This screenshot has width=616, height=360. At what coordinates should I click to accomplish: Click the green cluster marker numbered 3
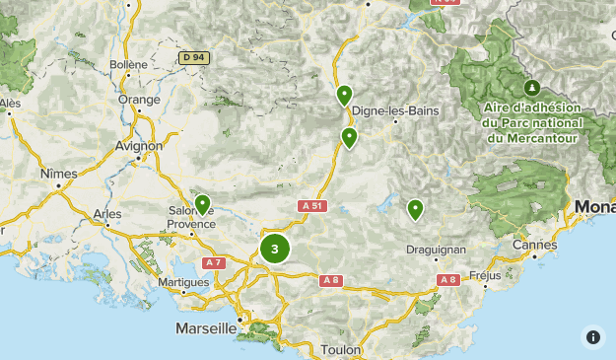[x=275, y=250]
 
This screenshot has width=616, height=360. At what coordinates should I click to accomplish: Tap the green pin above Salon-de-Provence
[x=202, y=204]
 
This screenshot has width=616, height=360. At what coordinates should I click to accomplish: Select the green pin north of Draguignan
[x=415, y=209]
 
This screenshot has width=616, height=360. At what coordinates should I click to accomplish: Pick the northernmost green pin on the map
[x=344, y=95]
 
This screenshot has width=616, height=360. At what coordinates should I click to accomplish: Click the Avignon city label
[x=139, y=145]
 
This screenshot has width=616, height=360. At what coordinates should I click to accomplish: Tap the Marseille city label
[x=206, y=327]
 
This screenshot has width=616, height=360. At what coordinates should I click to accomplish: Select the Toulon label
[x=342, y=350]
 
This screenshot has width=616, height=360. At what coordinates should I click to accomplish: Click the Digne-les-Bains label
[x=395, y=110]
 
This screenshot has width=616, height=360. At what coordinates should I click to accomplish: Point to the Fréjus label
[x=486, y=275]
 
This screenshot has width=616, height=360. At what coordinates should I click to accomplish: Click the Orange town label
[x=139, y=100]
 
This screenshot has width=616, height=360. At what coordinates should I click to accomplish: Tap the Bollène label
[x=129, y=64]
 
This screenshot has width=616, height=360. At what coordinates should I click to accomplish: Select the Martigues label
[x=182, y=282]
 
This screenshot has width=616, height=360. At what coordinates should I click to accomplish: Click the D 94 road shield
[x=195, y=58]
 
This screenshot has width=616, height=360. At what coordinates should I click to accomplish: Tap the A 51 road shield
[x=310, y=206]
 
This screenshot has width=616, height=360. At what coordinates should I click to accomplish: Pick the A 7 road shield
[x=213, y=262]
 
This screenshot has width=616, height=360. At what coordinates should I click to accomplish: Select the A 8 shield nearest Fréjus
[x=448, y=280]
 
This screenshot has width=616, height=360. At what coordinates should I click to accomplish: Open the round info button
[x=592, y=336]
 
